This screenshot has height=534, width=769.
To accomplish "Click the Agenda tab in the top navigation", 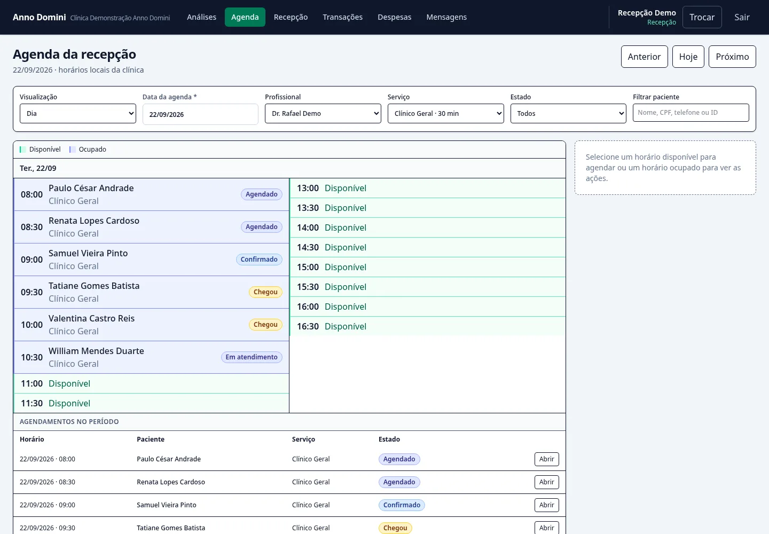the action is tap(245, 17).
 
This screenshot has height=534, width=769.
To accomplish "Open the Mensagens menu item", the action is tap(446, 17).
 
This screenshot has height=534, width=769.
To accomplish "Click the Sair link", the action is tap(742, 17).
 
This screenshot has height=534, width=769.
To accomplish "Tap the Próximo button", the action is tap(732, 57).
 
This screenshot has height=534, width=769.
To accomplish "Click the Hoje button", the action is tap(688, 57).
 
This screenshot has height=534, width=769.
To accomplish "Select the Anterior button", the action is tap(644, 57).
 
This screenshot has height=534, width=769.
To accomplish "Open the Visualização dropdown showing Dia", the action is tap(78, 113).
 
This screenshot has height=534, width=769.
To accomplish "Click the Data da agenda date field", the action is tap(200, 114).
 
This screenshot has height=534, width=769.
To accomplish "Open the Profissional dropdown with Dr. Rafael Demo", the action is tap(323, 113).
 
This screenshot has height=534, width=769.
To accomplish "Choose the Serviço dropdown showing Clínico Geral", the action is tap(445, 113).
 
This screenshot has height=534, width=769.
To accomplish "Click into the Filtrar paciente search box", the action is tap(690, 113).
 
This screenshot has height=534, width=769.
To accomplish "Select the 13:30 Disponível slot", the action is tap(428, 208).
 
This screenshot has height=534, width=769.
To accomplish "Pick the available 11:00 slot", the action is tap(152, 383).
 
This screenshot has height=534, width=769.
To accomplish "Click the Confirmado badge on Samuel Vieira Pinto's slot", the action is tap(259, 260).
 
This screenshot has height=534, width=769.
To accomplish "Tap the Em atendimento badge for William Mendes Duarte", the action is tap(252, 357).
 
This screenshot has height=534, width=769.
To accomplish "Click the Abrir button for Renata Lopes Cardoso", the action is tap(546, 482).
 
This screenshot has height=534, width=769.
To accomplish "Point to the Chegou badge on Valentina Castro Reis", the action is tap(265, 325).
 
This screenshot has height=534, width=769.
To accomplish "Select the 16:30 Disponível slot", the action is tap(428, 326).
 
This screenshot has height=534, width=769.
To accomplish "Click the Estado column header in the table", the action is tap(389, 439).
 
